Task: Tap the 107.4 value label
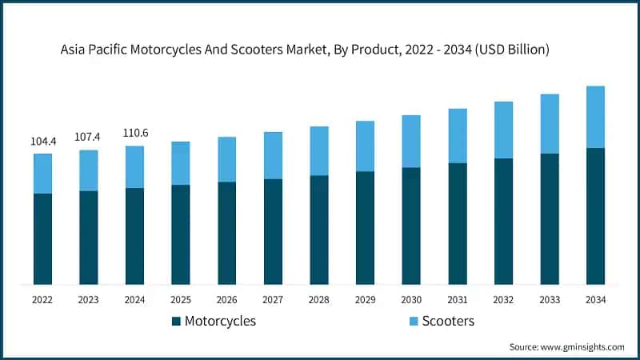pyautogui.click(x=89, y=137)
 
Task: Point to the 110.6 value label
pyautogui.click(x=134, y=132)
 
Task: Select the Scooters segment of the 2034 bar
pyautogui.click(x=595, y=117)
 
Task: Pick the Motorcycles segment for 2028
pyautogui.click(x=319, y=230)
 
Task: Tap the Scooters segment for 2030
pyautogui.click(x=411, y=141)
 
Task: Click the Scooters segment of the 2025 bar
pyautogui.click(x=181, y=163)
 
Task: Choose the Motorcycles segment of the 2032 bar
pyautogui.click(x=503, y=221)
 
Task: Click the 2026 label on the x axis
pyautogui.click(x=226, y=299)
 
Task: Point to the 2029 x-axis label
pyautogui.click(x=365, y=299)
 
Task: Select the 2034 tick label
pyautogui.click(x=595, y=299)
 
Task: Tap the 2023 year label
pyautogui.click(x=89, y=299)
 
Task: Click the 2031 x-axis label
pyautogui.click(x=457, y=299)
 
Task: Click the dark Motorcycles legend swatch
pyautogui.click(x=176, y=322)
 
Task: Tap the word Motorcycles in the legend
pyautogui.click(x=220, y=321)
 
